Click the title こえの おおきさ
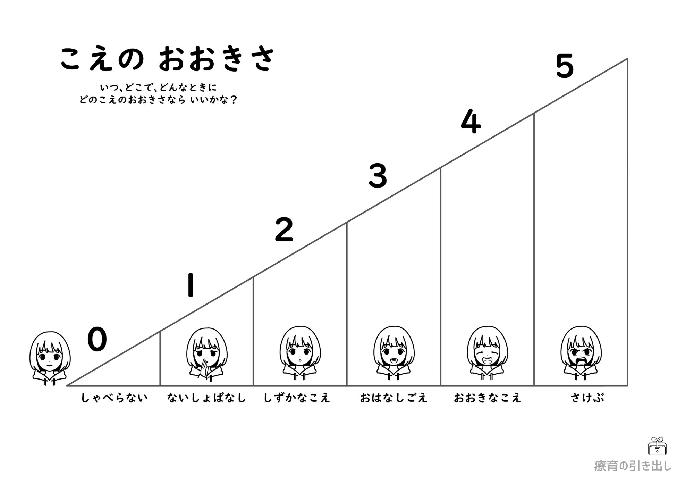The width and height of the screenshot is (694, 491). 167,59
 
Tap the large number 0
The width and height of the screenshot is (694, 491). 97,340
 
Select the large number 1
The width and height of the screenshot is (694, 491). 190,285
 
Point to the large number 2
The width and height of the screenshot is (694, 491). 284,230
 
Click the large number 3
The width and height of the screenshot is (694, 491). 378,176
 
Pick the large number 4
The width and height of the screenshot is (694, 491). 471,122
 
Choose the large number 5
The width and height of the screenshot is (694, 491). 565,67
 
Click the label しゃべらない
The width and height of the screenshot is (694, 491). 115,398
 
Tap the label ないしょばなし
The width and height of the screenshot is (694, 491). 206,398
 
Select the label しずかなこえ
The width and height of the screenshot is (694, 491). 297,398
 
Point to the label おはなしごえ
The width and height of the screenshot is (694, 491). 394,398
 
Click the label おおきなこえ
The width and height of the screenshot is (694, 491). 488,398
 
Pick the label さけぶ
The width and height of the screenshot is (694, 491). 587,398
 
